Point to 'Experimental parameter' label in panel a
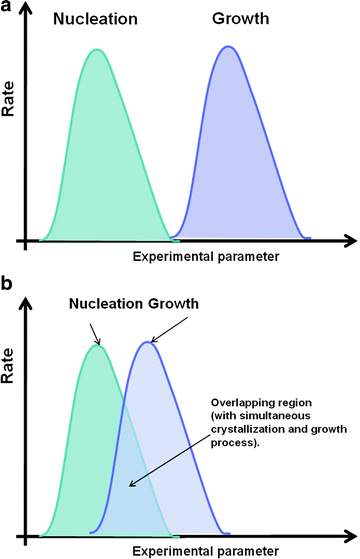coord(205,258)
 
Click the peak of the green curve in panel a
coord(96,50)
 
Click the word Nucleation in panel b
coord(109,304)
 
